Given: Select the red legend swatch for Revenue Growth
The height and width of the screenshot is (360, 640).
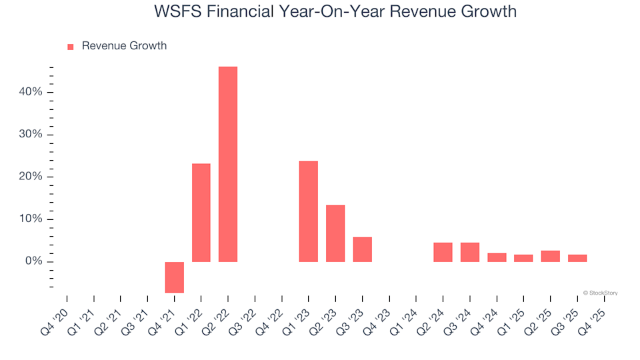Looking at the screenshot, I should pyautogui.click(x=71, y=47).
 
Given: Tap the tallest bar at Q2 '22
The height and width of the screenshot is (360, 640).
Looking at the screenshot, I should pyautogui.click(x=228, y=164).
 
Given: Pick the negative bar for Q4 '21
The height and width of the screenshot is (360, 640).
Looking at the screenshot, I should pyautogui.click(x=175, y=277).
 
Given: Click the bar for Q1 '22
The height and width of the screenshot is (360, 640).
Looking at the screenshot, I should pyautogui.click(x=201, y=213).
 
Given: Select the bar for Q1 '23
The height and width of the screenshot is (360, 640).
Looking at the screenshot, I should pyautogui.click(x=309, y=211).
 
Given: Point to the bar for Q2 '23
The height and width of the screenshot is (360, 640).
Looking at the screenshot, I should pyautogui.click(x=335, y=233).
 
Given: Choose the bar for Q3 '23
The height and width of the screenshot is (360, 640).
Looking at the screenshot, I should pyautogui.click(x=362, y=249).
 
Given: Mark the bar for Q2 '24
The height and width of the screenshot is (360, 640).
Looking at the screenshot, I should pyautogui.click(x=443, y=252).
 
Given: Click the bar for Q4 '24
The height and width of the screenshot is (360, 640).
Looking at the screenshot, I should pyautogui.click(x=497, y=257).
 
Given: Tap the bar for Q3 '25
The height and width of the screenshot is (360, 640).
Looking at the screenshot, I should pyautogui.click(x=577, y=258).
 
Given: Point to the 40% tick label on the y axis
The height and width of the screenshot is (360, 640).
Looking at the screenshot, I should pyautogui.click(x=31, y=92).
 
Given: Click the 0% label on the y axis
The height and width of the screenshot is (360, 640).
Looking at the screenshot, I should pyautogui.click(x=34, y=261).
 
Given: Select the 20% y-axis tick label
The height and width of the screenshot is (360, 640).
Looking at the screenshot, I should pyautogui.click(x=31, y=177).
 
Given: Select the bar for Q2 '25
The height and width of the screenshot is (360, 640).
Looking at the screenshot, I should pyautogui.click(x=550, y=256).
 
